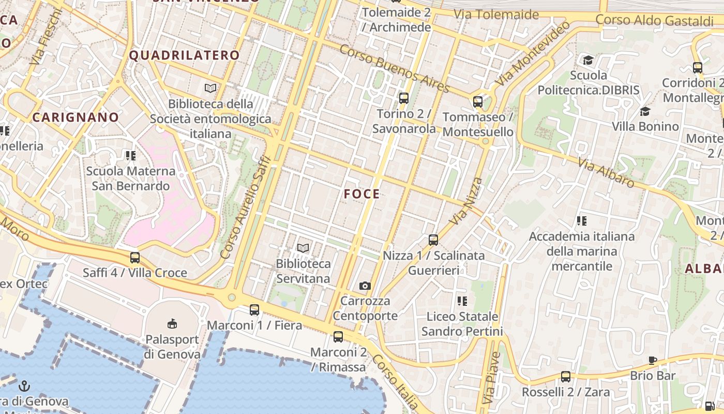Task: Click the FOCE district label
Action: click(x=362, y=194)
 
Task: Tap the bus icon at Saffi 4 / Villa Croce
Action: click(x=135, y=257)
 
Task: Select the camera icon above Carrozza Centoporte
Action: click(x=365, y=286)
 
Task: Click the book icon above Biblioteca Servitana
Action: click(x=303, y=248)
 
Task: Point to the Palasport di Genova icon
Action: click(x=172, y=324)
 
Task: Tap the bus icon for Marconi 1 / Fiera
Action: click(x=254, y=310)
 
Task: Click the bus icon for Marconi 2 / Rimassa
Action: click(x=338, y=337)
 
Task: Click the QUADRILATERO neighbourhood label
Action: click(x=184, y=55)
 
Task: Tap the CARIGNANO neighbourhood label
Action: click(x=76, y=117)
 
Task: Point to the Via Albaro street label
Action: click(x=606, y=173)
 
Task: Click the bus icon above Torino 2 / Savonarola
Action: click(x=404, y=98)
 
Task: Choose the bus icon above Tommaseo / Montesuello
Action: click(x=478, y=101)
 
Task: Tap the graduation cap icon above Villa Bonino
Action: click(x=645, y=111)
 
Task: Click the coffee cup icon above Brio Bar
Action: click(x=653, y=360)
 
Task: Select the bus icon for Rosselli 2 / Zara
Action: click(x=566, y=377)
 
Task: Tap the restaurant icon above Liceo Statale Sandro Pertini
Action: click(x=462, y=301)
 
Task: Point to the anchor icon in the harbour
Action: click(x=24, y=386)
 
